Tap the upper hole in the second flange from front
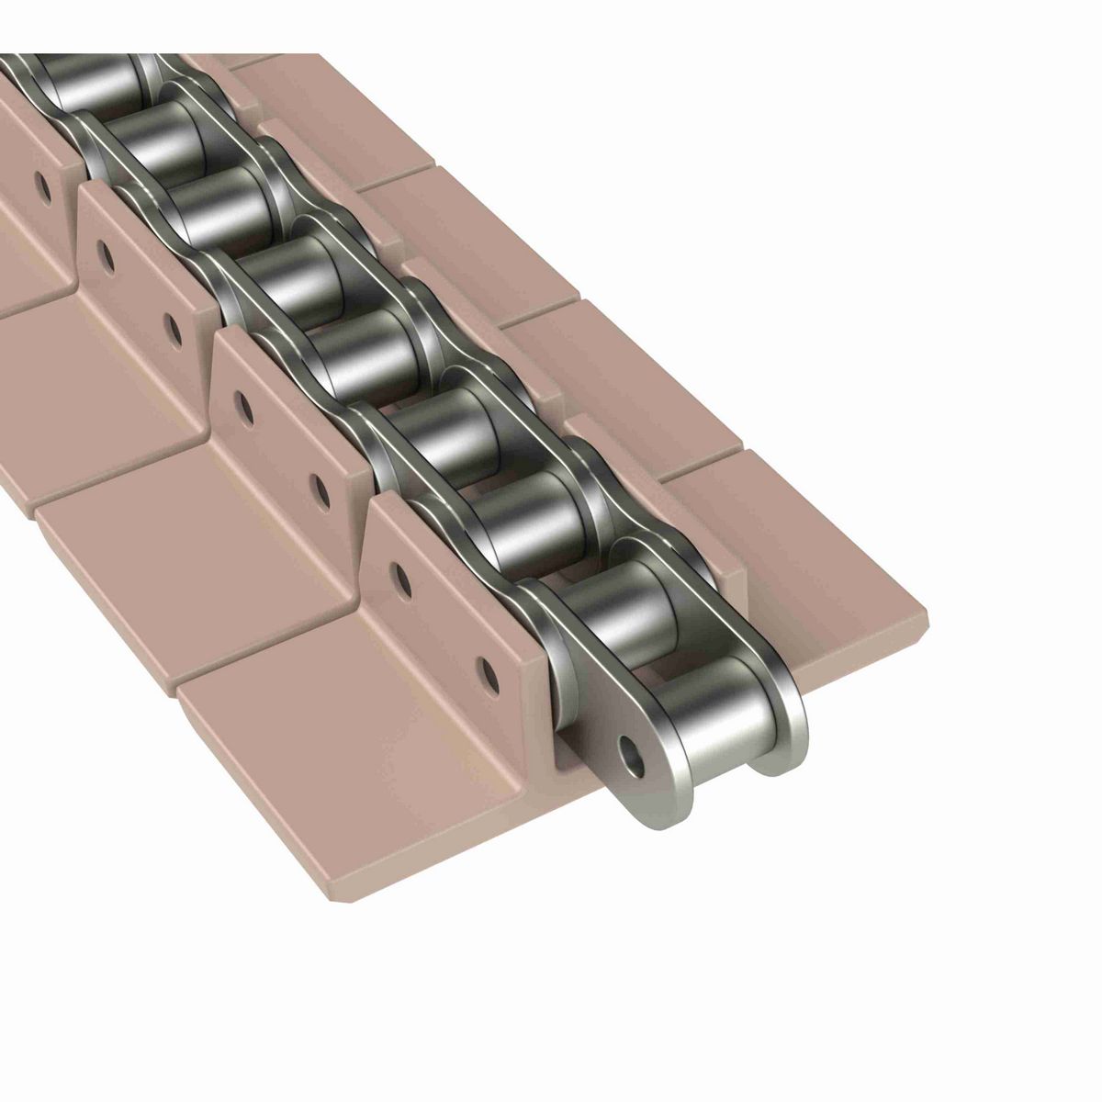click(x=244, y=403)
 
